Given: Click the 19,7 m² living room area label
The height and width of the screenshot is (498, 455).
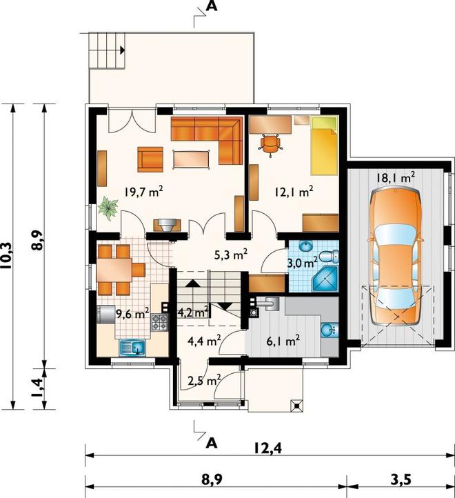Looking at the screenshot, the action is coord(144,192).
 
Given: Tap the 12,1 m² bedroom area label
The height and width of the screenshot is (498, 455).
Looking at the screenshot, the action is coord(294,192).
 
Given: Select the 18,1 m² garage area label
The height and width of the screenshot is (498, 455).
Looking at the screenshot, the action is coord(396,178).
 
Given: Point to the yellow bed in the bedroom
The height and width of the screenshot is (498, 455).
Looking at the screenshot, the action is coord(324,146).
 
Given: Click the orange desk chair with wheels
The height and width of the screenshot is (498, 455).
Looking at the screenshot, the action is coord(270,144).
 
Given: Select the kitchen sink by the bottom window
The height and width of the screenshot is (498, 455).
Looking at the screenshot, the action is coord(133,348).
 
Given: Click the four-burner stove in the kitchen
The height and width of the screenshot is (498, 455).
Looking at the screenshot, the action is coord(159,322).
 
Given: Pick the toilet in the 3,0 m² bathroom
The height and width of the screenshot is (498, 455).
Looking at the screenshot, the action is coord(329,257).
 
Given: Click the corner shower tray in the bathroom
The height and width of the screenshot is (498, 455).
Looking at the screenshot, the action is coord(325,279).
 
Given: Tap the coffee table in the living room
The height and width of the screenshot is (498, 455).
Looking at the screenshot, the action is coord(192,159).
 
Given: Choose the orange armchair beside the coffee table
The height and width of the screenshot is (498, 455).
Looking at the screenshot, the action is coord(150,159).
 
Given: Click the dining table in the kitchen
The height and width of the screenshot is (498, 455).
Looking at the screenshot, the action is coord(114,270).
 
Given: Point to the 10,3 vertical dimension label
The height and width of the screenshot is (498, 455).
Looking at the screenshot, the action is coord(8,256).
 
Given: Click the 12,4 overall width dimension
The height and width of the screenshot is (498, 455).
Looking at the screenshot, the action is coord(267,448).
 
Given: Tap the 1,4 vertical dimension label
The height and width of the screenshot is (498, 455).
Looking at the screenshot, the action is coord(38,388).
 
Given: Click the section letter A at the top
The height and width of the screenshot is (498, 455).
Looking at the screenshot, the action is coord(212,6).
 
